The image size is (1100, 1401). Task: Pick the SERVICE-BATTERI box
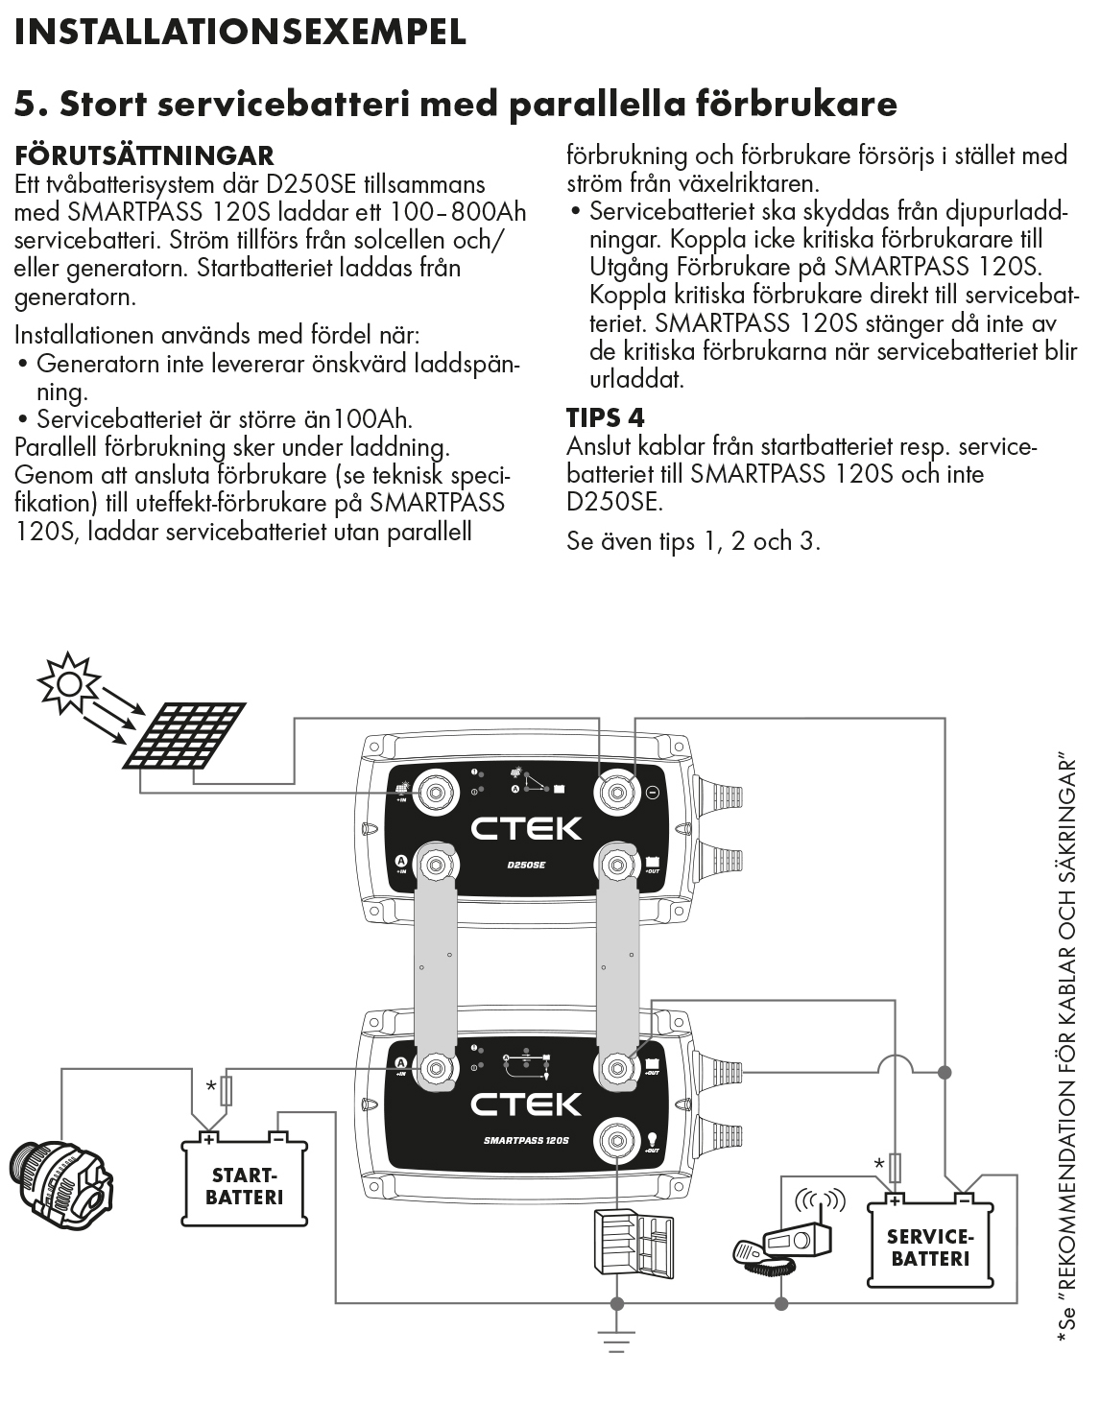(x=930, y=1245)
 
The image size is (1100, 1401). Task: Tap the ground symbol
(x=616, y=1342)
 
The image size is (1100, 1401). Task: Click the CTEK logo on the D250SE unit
(x=526, y=827)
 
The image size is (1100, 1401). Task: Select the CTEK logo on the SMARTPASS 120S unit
(x=526, y=1104)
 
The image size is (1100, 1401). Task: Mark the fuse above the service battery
(x=895, y=1167)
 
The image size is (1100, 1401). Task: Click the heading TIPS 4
(x=605, y=417)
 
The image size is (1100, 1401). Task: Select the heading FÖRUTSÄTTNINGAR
(x=144, y=155)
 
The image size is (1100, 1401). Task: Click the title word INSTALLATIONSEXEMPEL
(x=240, y=32)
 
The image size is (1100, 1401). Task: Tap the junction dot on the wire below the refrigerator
(x=616, y=1303)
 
